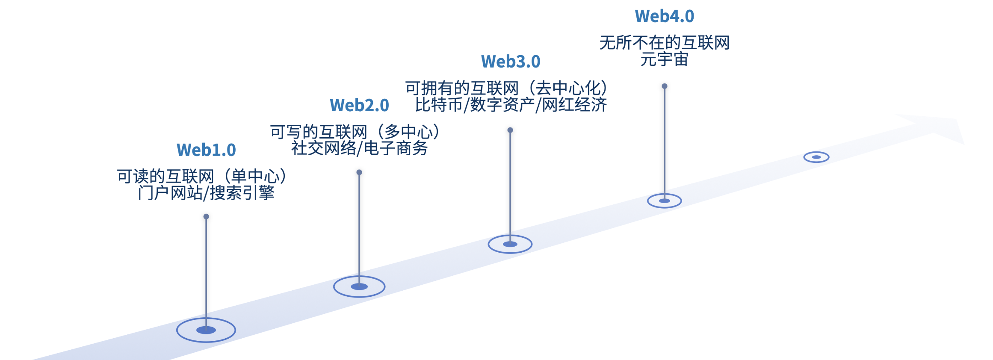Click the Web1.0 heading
(206, 150)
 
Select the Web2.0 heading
(359, 105)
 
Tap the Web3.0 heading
(511, 62)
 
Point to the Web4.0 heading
(664, 16)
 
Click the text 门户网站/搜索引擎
(206, 193)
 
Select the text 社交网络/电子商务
(359, 148)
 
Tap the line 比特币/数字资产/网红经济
(511, 105)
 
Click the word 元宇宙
(664, 59)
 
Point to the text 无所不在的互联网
(664, 43)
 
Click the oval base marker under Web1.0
(206, 330)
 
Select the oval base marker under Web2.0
(359, 286)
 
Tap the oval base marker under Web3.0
(510, 244)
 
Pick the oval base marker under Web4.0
(664, 201)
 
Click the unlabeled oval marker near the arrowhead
(816, 157)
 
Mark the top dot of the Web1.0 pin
(206, 217)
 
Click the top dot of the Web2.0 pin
(359, 172)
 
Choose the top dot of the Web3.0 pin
(510, 130)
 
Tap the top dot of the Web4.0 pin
(665, 86)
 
